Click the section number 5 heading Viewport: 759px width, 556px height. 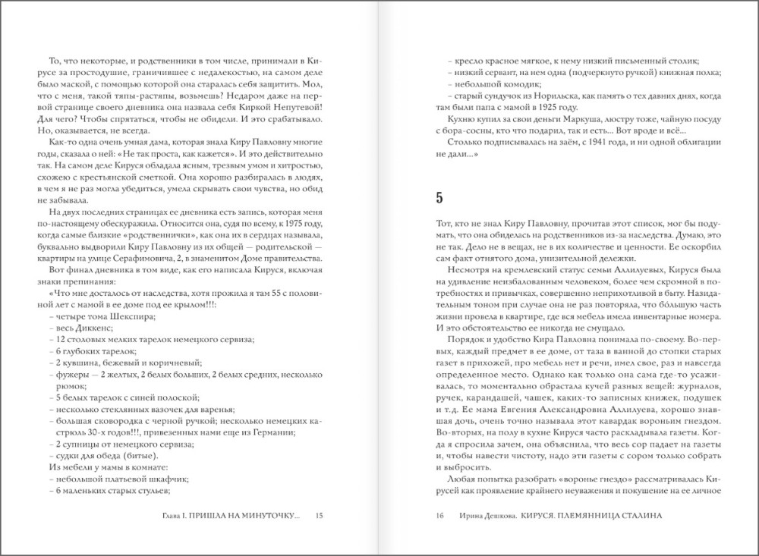pyautogui.click(x=439, y=199)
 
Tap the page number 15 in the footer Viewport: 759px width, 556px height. pyautogui.click(x=319, y=516)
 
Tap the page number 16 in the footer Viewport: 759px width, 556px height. pyautogui.click(x=439, y=516)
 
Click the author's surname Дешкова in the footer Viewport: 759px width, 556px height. pyautogui.click(x=494, y=516)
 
